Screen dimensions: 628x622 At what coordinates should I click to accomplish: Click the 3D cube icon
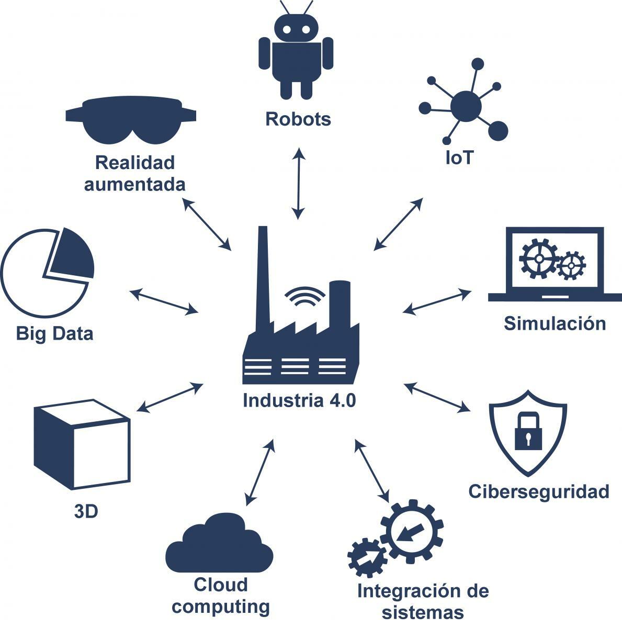click(x=81, y=444)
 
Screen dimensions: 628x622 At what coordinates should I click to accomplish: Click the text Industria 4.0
click(x=299, y=401)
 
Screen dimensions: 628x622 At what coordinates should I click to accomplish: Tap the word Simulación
click(x=555, y=323)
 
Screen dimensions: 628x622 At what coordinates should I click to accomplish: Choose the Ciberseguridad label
click(x=539, y=492)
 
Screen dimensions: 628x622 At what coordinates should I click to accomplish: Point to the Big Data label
click(x=55, y=333)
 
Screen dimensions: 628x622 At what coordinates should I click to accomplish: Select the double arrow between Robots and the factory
click(x=298, y=183)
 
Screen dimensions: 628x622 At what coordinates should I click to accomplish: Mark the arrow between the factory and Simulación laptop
click(x=437, y=302)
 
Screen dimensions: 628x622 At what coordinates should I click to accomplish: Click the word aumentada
click(x=134, y=184)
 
